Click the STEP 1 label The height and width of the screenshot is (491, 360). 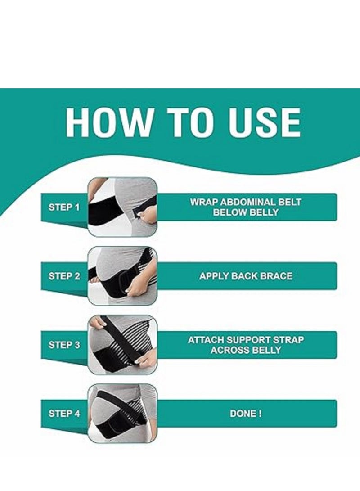pyautogui.click(x=64, y=207)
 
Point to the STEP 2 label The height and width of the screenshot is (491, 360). pyautogui.click(x=64, y=276)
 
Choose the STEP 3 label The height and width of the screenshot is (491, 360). pyautogui.click(x=64, y=345)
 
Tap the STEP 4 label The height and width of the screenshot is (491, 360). pyautogui.click(x=64, y=414)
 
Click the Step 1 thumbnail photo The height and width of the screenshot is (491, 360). pyautogui.click(x=122, y=207)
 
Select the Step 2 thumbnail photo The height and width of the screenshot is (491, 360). pyautogui.click(x=122, y=276)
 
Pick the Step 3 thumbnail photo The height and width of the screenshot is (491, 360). pyautogui.click(x=122, y=345)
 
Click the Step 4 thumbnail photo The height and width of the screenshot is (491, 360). pyautogui.click(x=122, y=413)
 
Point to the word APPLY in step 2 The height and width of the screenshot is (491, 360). pyautogui.click(x=214, y=276)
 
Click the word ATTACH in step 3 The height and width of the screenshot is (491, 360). pyautogui.click(x=206, y=340)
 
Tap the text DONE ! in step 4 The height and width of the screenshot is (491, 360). pyautogui.click(x=246, y=414)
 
